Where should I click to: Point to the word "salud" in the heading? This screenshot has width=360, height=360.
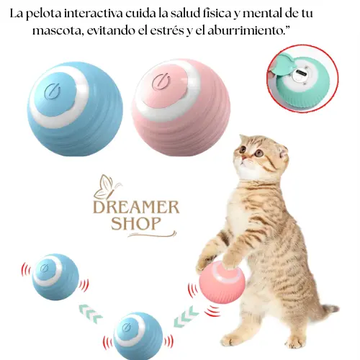tap(186, 14)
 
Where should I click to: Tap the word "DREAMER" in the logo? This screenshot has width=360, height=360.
tap(136, 208)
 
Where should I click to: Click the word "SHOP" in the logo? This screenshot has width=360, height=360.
tap(135, 223)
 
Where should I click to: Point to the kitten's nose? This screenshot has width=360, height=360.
tap(243, 158)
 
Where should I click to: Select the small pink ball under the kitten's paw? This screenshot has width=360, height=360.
tap(222, 282)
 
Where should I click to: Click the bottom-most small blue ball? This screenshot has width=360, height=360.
tap(138, 336)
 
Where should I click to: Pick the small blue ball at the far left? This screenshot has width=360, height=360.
tap(55, 276)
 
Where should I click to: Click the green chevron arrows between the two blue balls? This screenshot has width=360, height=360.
tap(91, 313)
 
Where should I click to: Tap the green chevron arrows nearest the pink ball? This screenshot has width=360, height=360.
tap(186, 317)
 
